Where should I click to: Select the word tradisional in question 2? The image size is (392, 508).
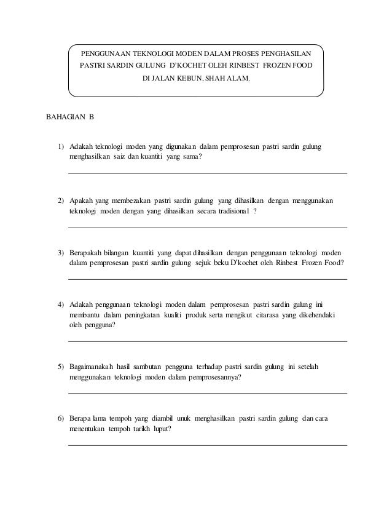pos(229,210)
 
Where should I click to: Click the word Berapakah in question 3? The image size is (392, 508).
pos(85,253)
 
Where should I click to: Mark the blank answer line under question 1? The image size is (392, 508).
pos(207,173)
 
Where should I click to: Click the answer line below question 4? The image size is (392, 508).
pos(207,341)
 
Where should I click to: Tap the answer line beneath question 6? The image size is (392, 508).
pos(207,445)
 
